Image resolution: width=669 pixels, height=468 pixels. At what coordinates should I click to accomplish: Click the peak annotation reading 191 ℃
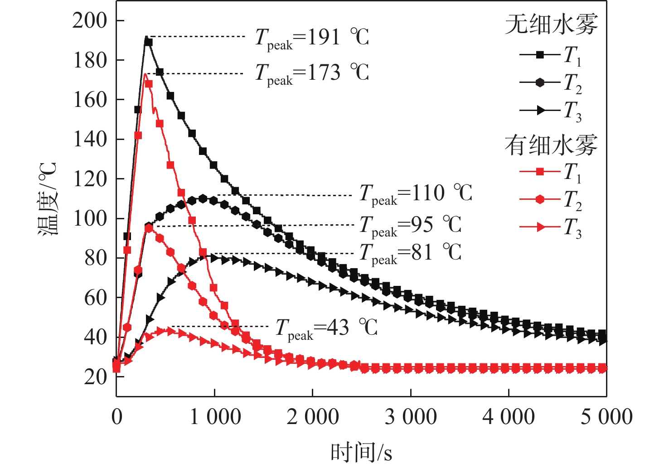(312, 38)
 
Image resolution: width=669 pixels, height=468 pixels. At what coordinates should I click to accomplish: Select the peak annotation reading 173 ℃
(312, 73)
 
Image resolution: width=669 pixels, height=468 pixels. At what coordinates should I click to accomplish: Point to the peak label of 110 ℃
(416, 194)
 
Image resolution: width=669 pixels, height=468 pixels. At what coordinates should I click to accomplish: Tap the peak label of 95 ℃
(411, 225)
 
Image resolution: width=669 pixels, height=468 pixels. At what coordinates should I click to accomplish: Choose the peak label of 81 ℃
(411, 253)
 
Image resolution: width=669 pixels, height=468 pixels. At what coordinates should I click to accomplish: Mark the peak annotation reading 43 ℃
(326, 328)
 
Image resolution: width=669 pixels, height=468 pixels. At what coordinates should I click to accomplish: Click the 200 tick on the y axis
(89, 20)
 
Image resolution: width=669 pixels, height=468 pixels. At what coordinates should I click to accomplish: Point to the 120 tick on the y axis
(89, 179)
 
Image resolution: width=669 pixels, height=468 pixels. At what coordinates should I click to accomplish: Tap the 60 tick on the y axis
(95, 298)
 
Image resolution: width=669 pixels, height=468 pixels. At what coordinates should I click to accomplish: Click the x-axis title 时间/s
(361, 452)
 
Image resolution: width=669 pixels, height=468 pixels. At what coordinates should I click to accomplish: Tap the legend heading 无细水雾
(551, 24)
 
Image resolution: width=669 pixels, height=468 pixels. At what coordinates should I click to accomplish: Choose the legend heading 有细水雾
(551, 145)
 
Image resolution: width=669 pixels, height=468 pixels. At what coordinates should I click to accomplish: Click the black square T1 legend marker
(540, 55)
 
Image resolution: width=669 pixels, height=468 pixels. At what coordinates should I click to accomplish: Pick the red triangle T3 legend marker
(540, 227)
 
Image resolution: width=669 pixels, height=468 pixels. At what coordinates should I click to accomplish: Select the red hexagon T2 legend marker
(540, 199)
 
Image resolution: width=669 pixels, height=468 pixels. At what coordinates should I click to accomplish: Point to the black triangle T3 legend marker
(540, 110)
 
